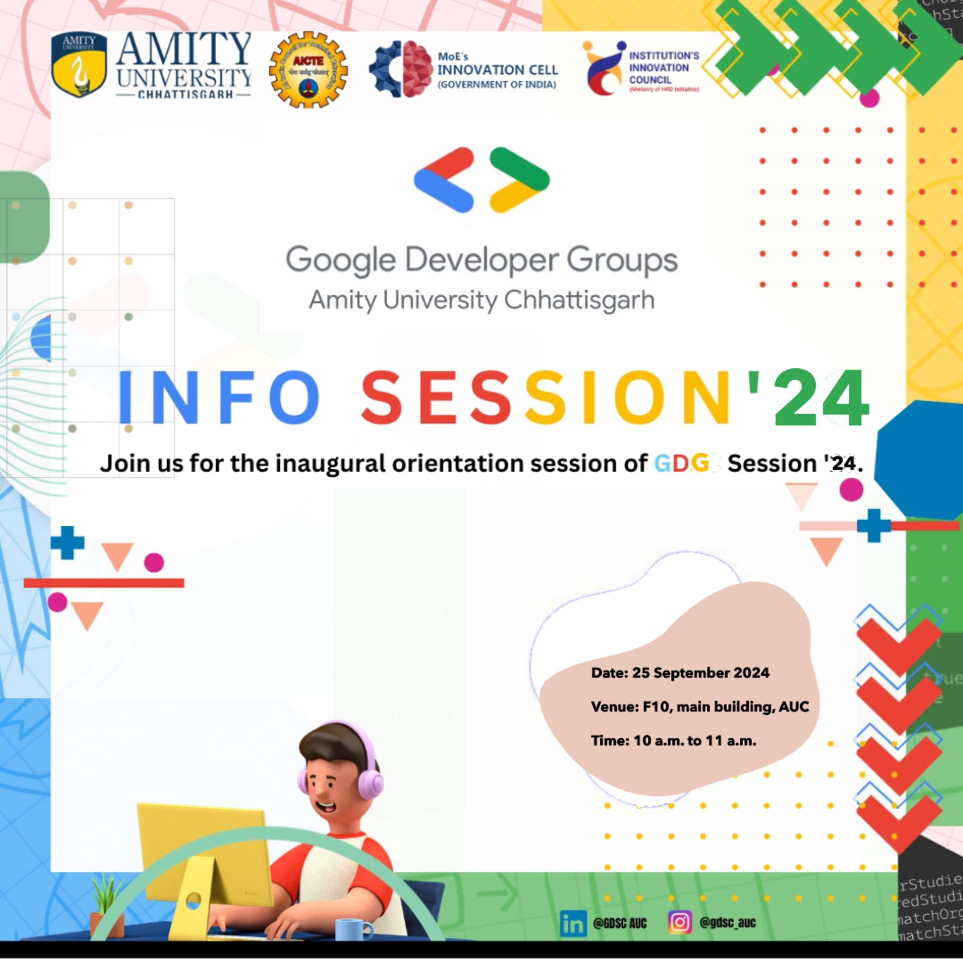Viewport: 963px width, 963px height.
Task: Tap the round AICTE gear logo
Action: tap(308, 70)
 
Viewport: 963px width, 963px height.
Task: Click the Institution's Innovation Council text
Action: tap(663, 68)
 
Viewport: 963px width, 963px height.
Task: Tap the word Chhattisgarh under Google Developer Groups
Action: tap(579, 300)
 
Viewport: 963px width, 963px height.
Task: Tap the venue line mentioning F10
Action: tap(700, 707)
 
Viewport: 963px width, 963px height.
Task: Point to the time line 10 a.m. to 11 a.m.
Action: tap(673, 741)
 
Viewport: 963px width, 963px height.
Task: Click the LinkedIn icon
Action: tap(573, 924)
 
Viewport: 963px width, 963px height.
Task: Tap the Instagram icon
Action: tap(679, 922)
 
